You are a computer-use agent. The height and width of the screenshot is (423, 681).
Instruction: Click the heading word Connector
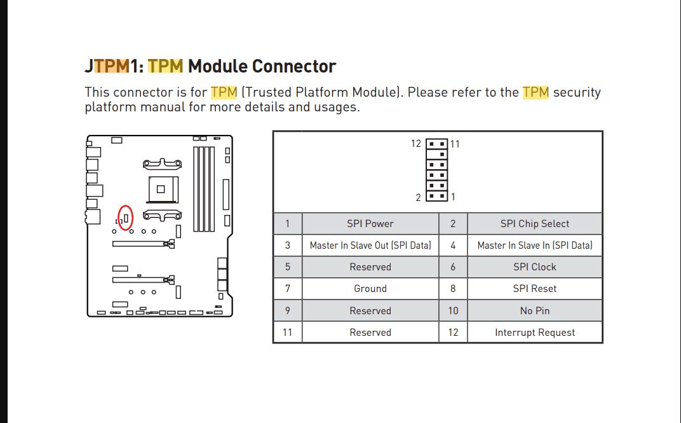pyautogui.click(x=294, y=66)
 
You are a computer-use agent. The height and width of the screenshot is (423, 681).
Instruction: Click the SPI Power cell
pyautogui.click(x=370, y=224)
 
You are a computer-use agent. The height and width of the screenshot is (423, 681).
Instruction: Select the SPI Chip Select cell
pyautogui.click(x=534, y=224)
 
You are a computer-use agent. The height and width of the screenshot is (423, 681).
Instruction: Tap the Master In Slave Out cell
pyautogui.click(x=370, y=246)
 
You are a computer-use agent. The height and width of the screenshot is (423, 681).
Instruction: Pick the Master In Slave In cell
pyautogui.click(x=534, y=246)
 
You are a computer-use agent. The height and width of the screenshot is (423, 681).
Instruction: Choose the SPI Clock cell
pyautogui.click(x=534, y=267)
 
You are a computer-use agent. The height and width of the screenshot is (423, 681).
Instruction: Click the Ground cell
pyautogui.click(x=370, y=289)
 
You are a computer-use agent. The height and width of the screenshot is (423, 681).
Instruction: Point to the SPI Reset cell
pyautogui.click(x=534, y=289)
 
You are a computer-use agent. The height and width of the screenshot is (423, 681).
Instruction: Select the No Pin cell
pyautogui.click(x=534, y=311)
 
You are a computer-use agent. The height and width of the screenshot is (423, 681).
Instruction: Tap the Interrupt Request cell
pyautogui.click(x=534, y=333)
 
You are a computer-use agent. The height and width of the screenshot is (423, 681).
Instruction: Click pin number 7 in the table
pyautogui.click(x=288, y=289)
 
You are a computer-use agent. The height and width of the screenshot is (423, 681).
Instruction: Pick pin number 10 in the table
pyautogui.click(x=453, y=311)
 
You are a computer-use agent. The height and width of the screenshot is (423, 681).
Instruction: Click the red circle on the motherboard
pyautogui.click(x=126, y=218)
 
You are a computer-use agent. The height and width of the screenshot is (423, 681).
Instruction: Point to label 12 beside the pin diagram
pyautogui.click(x=416, y=144)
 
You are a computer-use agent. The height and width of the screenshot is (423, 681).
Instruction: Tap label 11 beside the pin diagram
pyautogui.click(x=455, y=144)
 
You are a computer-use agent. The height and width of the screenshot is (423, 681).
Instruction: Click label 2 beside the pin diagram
pyautogui.click(x=419, y=197)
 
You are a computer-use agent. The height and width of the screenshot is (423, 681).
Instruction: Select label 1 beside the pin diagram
pyautogui.click(x=453, y=197)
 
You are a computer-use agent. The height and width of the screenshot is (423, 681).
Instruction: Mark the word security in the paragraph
pyautogui.click(x=577, y=92)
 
